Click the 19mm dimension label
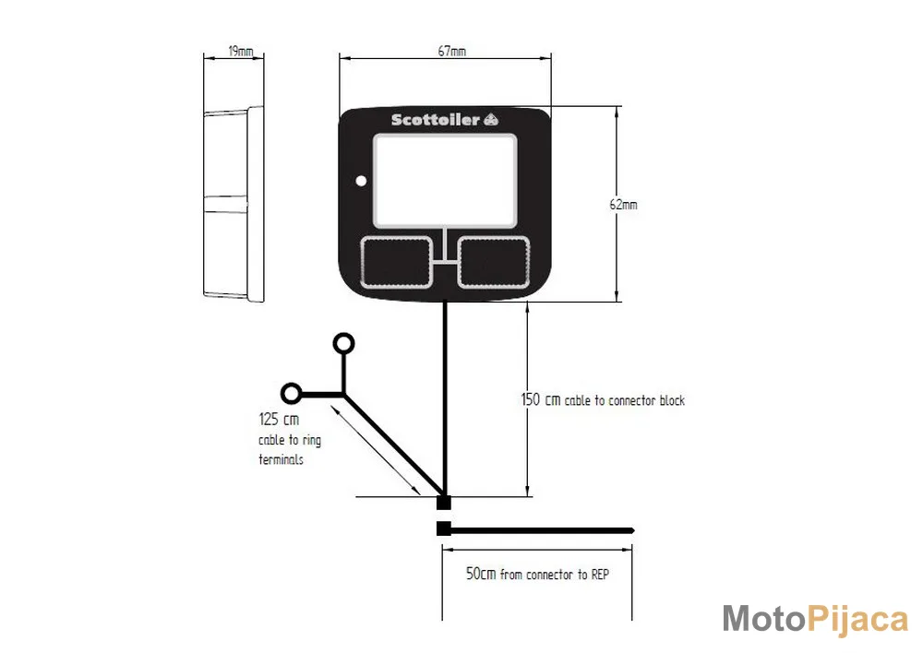[241, 51]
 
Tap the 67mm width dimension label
[452, 51]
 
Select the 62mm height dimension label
[623, 205]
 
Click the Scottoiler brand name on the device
[436, 120]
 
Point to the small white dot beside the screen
[361, 181]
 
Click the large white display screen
[445, 180]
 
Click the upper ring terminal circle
[343, 343]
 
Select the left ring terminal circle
[292, 393]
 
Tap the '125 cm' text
[279, 420]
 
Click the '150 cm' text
[540, 400]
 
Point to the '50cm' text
[481, 574]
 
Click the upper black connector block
[444, 503]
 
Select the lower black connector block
[444, 528]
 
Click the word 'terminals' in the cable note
[281, 459]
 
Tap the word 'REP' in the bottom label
[600, 575]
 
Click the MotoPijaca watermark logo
[815, 620]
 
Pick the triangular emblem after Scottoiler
[491, 120]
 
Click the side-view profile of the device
[234, 204]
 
